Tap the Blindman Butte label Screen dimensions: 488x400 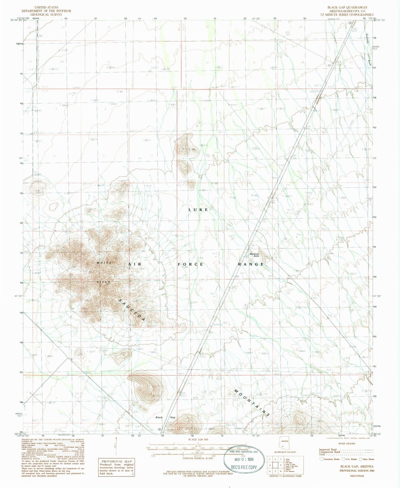coord(254,255)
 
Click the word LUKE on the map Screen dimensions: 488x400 coord(198,210)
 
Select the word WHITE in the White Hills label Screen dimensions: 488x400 coord(104,262)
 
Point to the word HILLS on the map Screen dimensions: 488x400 coord(103,282)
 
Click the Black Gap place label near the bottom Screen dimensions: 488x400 coord(165,417)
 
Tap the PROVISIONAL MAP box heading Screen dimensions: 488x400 coord(116,461)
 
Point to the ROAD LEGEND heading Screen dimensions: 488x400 coord(347,443)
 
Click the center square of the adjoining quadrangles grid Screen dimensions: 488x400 coord(278,465)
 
